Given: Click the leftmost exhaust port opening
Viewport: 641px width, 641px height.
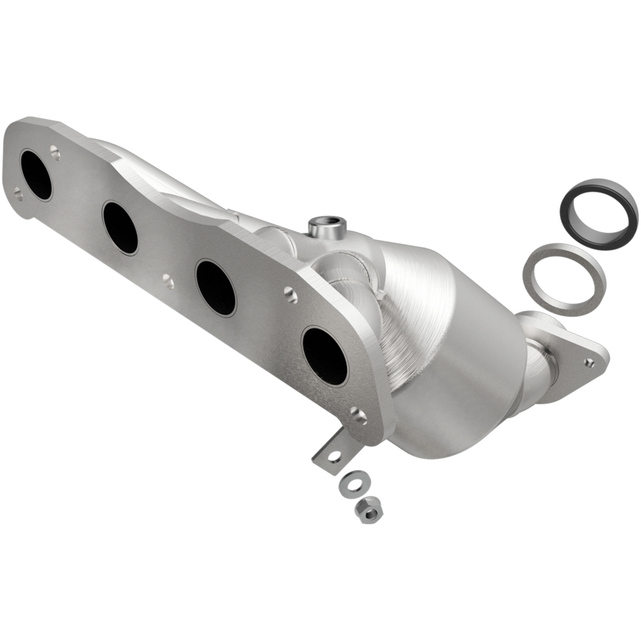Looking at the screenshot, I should pyautogui.click(x=36, y=174).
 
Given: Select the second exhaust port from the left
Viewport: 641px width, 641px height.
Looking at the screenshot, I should pyautogui.click(x=120, y=228).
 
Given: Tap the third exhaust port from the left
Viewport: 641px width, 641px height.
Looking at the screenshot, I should pyautogui.click(x=215, y=287).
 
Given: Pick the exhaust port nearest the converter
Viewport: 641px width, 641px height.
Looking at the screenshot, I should pyautogui.click(x=324, y=355).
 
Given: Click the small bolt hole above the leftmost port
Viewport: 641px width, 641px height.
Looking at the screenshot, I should pyautogui.click(x=55, y=153).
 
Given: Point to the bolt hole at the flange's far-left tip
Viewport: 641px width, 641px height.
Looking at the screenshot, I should pyautogui.click(x=18, y=192).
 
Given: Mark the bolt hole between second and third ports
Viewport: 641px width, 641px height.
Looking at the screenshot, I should pyautogui.click(x=167, y=280).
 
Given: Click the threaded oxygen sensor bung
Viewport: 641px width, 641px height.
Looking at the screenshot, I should pyautogui.click(x=327, y=226).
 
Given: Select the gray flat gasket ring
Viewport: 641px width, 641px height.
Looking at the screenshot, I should pyautogui.click(x=563, y=279).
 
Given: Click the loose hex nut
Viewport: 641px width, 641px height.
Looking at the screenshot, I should pyautogui.click(x=369, y=508).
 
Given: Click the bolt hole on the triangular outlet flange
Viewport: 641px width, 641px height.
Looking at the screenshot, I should pyautogui.click(x=588, y=362).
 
